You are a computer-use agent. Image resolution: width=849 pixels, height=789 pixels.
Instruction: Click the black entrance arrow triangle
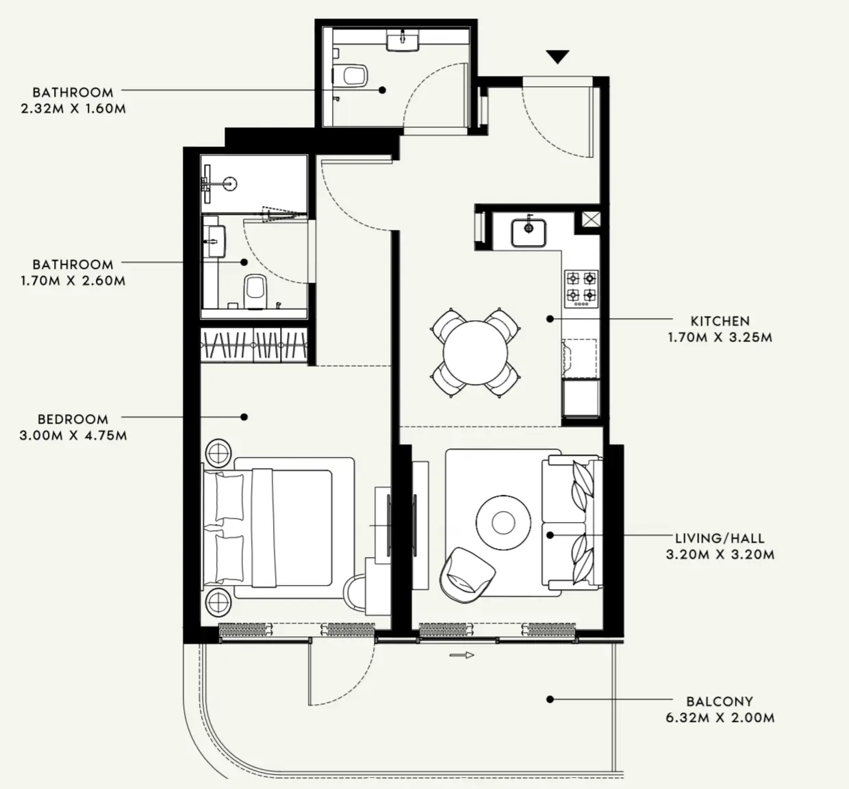(558, 57)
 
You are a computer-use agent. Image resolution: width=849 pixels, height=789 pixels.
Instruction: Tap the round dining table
(475, 352)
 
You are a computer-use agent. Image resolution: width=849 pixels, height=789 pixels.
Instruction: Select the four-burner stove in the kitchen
(581, 287)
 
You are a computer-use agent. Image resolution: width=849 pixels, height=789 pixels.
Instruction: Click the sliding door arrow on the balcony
(462, 656)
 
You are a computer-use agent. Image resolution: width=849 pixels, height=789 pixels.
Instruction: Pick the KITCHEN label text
(720, 321)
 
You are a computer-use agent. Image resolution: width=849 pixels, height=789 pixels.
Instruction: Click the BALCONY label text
(720, 701)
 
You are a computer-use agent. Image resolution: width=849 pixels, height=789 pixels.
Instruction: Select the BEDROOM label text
(73, 419)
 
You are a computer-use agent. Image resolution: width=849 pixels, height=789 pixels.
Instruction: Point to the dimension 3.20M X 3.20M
(720, 555)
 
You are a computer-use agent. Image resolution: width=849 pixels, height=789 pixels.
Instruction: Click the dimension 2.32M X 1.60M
(73, 108)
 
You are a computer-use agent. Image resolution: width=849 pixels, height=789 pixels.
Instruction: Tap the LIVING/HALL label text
(720, 539)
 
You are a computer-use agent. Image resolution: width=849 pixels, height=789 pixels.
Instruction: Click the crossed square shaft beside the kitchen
(590, 220)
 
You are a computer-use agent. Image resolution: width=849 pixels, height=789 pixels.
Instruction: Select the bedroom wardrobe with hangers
(253, 345)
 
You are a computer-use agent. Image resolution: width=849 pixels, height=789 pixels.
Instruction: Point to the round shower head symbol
(231, 183)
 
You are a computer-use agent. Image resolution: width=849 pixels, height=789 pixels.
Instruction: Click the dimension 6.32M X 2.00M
(720, 718)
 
